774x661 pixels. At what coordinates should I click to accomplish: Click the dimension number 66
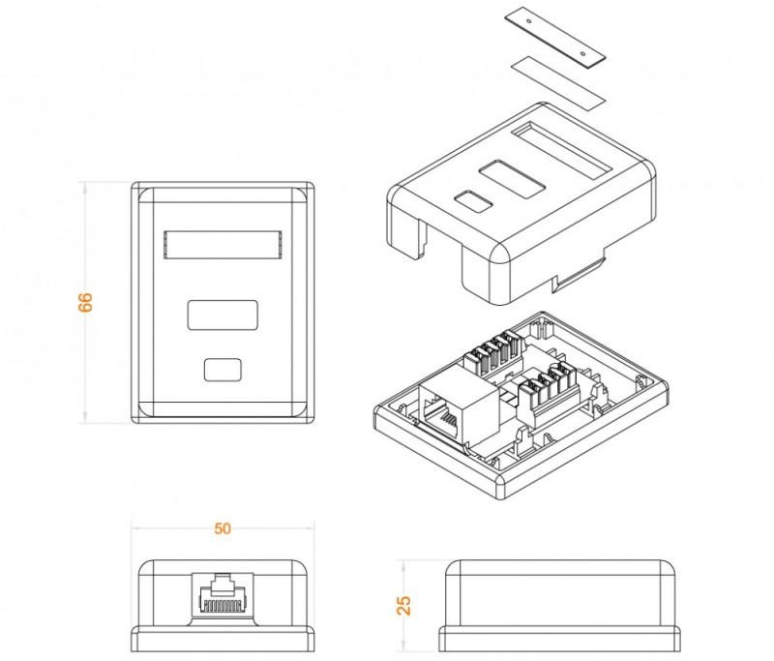pyautogui.click(x=85, y=301)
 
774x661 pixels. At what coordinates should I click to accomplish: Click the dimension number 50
pyautogui.click(x=223, y=529)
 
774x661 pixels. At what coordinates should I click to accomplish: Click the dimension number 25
pyautogui.click(x=404, y=605)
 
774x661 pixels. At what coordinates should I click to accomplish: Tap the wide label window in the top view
pyautogui.click(x=223, y=245)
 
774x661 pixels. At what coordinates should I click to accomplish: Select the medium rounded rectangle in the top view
pyautogui.click(x=223, y=315)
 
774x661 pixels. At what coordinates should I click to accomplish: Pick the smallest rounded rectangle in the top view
pyautogui.click(x=223, y=370)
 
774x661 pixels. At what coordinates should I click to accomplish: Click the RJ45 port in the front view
pyautogui.click(x=223, y=591)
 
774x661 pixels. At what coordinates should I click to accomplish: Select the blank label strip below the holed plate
pyautogui.click(x=556, y=79)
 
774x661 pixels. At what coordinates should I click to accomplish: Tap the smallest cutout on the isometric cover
pyautogui.click(x=471, y=202)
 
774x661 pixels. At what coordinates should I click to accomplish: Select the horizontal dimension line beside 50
pyautogui.click(x=174, y=528)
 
